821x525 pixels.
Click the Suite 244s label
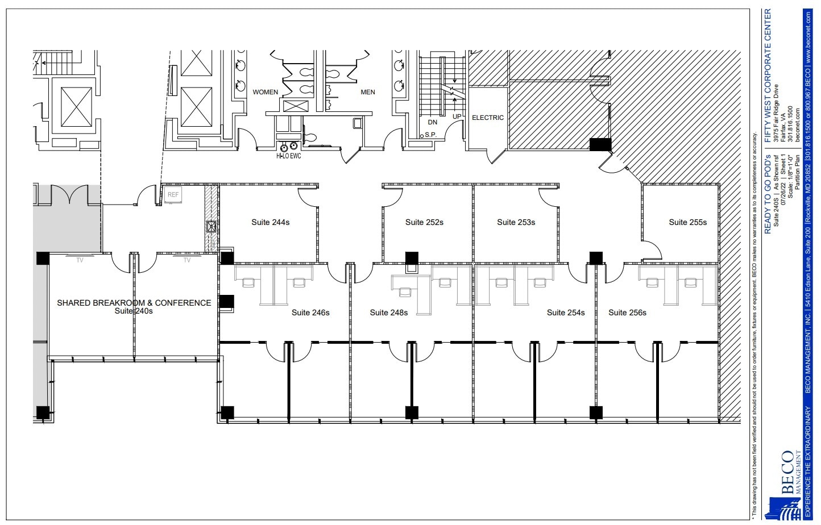(270, 222)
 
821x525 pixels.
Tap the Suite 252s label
(424, 222)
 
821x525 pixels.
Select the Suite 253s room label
(516, 222)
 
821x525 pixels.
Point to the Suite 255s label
(687, 222)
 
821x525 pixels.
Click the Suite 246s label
(310, 312)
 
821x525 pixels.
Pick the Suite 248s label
(388, 312)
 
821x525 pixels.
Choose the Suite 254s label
(566, 312)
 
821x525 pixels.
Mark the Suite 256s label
(627, 312)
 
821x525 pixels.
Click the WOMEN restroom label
(266, 92)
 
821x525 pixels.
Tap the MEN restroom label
(368, 92)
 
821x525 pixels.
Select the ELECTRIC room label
(488, 118)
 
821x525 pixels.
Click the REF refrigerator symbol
(173, 195)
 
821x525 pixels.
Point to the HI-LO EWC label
(288, 156)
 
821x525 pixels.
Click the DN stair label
(433, 122)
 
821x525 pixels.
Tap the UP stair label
(457, 116)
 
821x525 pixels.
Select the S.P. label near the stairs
(430, 135)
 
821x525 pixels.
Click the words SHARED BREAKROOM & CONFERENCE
(134, 303)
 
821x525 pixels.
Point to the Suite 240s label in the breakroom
(134, 311)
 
